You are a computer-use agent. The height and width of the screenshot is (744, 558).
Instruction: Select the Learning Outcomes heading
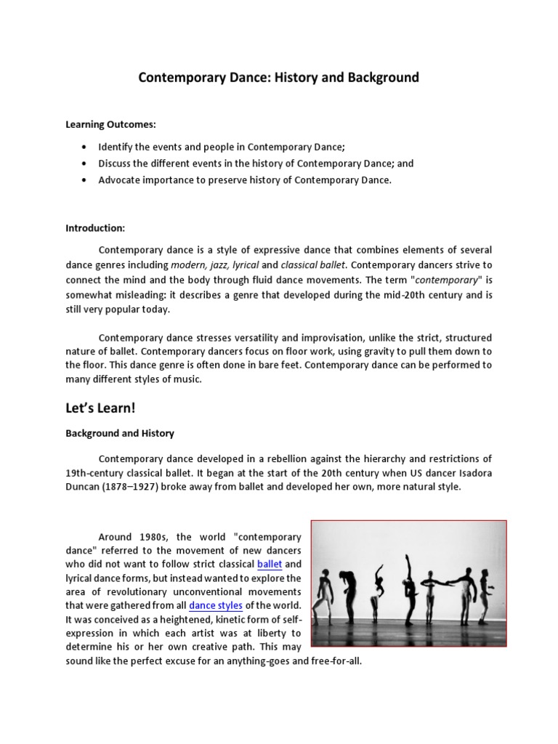[111, 125]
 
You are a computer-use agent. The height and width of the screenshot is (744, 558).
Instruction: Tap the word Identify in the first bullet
[116, 146]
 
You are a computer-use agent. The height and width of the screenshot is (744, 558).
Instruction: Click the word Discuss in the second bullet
[116, 163]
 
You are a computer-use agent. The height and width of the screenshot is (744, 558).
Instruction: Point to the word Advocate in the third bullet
[119, 180]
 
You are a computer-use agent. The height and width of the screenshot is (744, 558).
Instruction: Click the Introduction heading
[95, 228]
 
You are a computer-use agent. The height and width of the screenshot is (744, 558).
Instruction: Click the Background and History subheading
[120, 433]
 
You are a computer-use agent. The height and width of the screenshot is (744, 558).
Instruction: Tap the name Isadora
[472, 472]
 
